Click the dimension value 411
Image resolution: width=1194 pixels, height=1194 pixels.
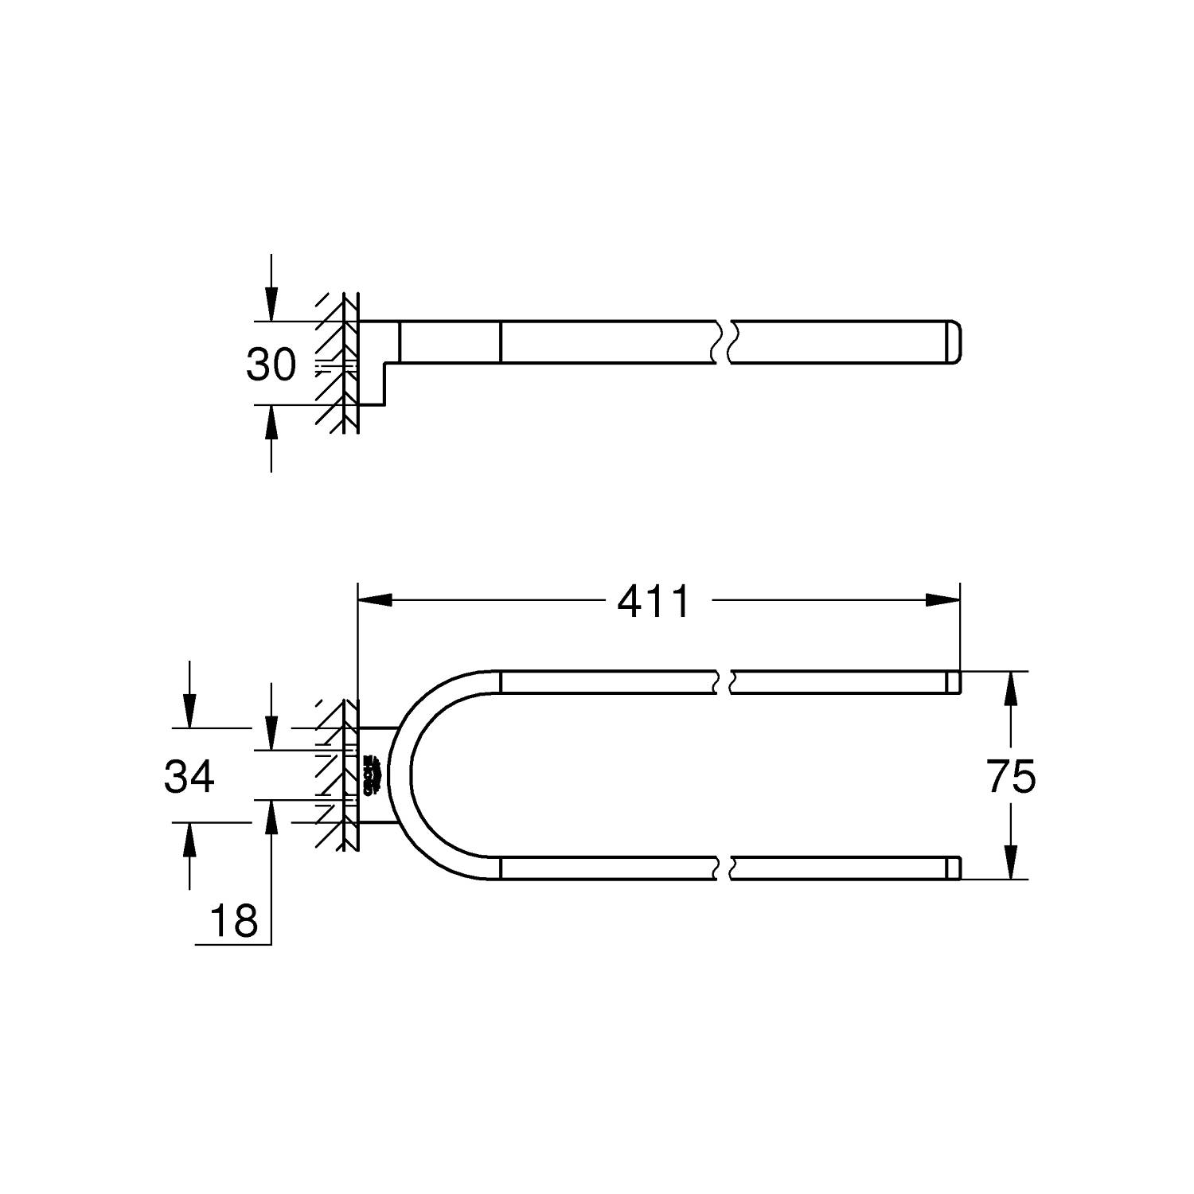(654, 601)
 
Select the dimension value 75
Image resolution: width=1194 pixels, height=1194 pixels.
(1011, 776)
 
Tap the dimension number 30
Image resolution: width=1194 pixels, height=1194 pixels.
(271, 365)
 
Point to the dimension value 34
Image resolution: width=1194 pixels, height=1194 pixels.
(189, 776)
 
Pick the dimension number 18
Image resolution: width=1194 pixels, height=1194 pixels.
(234, 921)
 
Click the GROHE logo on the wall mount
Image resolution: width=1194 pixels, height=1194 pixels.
(369, 775)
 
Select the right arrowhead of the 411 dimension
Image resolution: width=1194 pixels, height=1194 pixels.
(942, 599)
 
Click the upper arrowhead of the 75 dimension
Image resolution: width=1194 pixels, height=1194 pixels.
(1011, 689)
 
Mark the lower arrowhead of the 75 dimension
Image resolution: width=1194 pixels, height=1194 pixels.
(1011, 862)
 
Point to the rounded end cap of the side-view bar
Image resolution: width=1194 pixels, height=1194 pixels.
(953, 342)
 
